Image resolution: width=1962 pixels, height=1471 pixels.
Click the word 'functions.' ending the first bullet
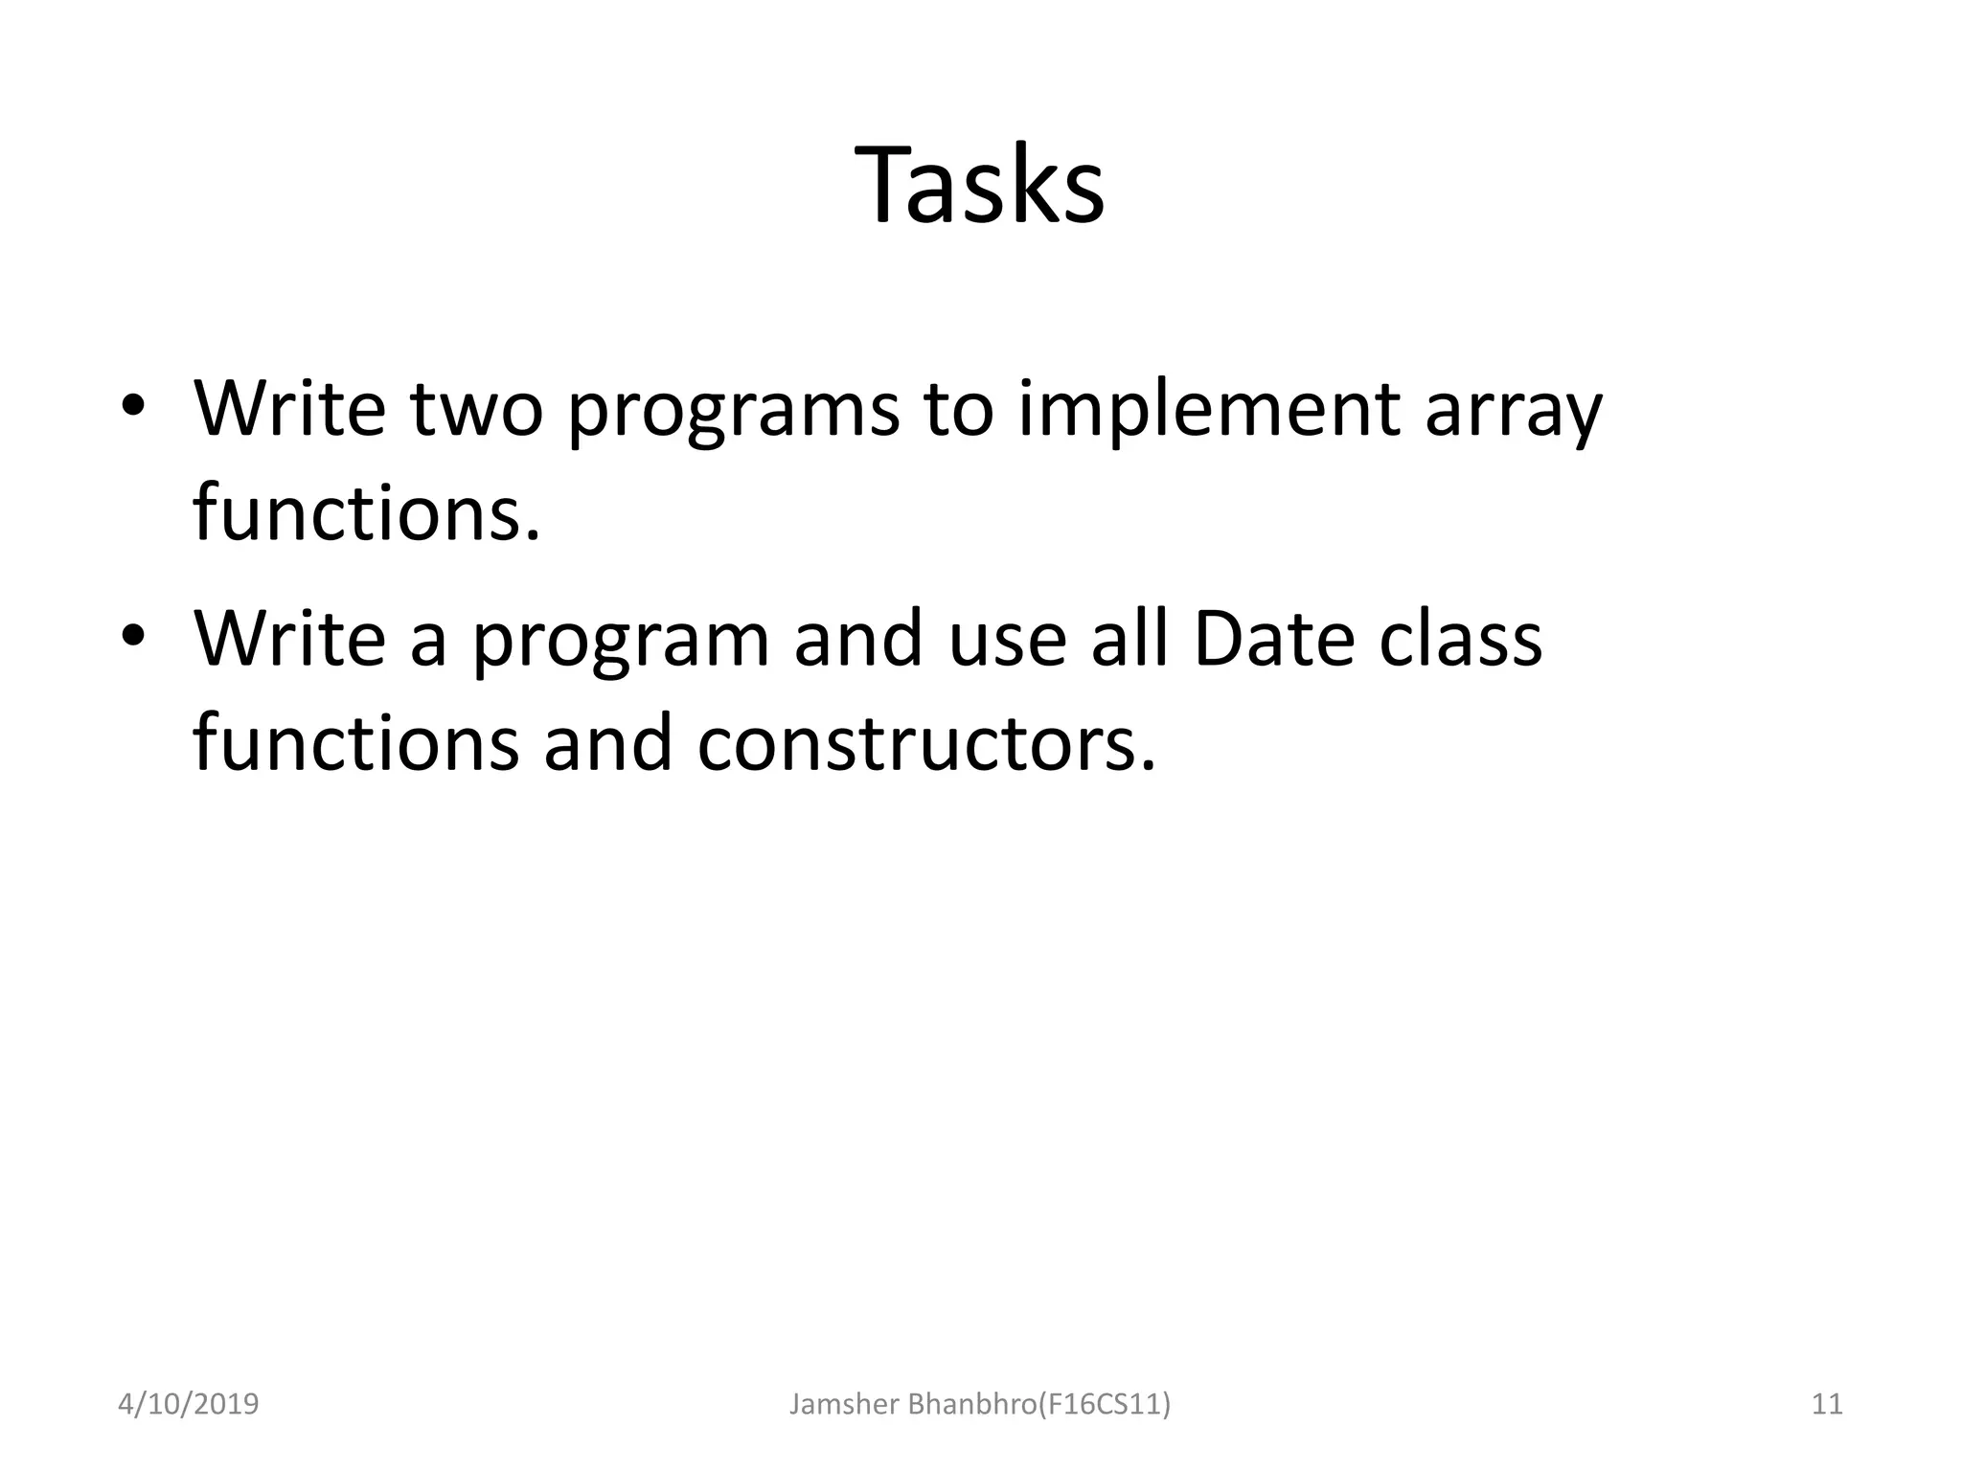point(367,513)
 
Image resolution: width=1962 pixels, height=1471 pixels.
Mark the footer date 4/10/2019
point(188,1404)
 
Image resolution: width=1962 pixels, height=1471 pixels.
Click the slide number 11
point(1827,1404)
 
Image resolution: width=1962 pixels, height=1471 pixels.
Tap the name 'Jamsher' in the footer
point(843,1404)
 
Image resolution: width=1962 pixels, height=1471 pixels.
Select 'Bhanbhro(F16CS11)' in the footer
point(1038,1404)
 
